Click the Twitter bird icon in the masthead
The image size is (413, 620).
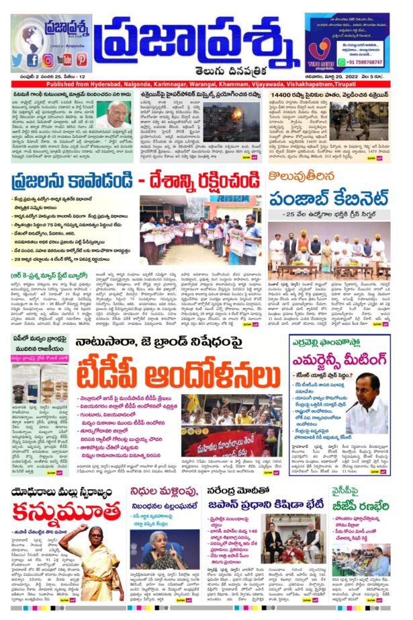pyautogui.click(x=17, y=61)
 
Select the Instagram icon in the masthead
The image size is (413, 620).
pyautogui.click(x=48, y=61)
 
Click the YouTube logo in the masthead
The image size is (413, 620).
pyautogui.click(x=64, y=61)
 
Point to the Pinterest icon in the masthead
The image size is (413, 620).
pyautogui.click(x=81, y=60)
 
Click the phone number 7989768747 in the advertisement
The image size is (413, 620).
pyautogui.click(x=365, y=61)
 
